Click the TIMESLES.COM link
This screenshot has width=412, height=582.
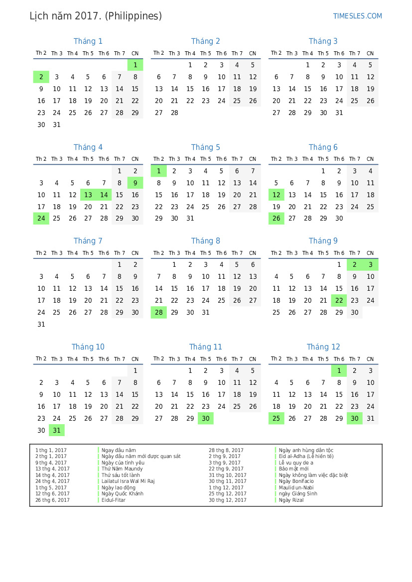pos(357,16)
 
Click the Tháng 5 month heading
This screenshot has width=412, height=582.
pos(205,147)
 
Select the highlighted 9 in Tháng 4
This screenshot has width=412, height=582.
pos(135,183)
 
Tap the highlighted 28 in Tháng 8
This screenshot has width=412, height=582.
pos(158,313)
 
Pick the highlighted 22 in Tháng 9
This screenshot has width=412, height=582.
pos(339,301)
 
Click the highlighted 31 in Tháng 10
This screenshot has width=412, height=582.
pos(57,431)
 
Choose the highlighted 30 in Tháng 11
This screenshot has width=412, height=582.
pos(205,419)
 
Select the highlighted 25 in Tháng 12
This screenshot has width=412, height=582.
pos(276,419)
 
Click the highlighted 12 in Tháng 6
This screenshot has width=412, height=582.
pos(276,195)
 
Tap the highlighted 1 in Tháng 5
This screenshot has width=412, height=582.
pos(158,171)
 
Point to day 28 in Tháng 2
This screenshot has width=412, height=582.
pos(174,113)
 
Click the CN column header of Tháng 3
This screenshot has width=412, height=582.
pos(370,54)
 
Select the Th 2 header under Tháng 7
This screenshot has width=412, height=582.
pos(41,253)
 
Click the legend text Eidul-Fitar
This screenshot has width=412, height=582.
pos(114,500)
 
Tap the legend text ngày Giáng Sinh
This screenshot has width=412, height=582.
pos(298,494)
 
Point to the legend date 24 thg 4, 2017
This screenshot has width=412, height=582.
pos(52,481)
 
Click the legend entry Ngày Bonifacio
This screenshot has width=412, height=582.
pos(296,481)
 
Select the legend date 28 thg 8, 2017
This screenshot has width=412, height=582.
pos(226,450)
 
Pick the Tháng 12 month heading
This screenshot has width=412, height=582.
pos(323,347)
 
